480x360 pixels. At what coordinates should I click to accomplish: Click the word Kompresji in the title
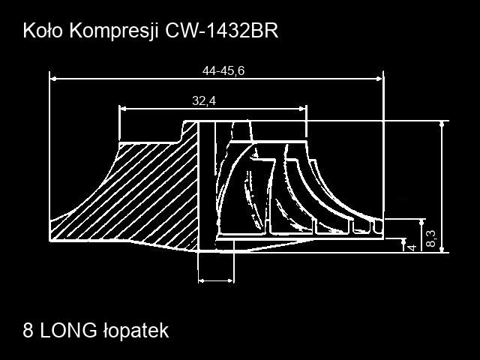(114, 31)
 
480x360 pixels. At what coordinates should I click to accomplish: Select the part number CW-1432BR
(222, 31)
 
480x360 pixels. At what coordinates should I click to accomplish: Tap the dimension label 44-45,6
(223, 70)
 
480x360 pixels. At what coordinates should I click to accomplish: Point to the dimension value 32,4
(204, 100)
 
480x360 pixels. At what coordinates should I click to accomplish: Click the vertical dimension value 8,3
(431, 238)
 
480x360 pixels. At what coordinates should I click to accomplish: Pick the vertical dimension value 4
(412, 247)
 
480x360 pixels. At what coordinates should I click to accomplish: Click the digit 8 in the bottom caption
(28, 330)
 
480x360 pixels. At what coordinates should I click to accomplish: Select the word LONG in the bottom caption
(68, 330)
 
